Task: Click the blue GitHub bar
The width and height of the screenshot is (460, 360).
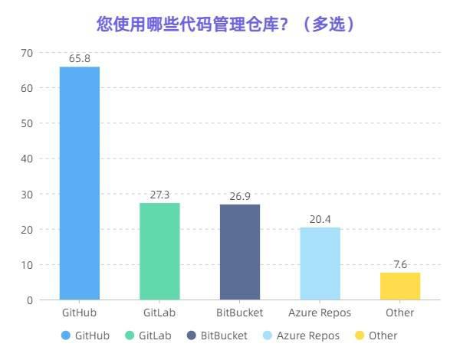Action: click(80, 183)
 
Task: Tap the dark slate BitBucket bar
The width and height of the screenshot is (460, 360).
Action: click(240, 252)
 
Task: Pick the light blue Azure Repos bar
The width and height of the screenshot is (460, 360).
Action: click(320, 263)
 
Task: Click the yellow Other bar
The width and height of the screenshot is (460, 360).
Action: click(400, 286)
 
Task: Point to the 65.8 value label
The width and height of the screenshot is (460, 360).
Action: click(80, 58)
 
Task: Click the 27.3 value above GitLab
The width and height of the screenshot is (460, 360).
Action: click(159, 195)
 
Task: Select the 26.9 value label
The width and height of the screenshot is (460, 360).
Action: click(240, 196)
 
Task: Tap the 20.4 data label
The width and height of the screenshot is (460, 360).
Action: click(320, 219)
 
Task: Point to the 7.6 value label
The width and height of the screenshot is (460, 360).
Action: click(400, 264)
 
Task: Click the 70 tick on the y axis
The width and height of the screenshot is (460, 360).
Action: click(27, 53)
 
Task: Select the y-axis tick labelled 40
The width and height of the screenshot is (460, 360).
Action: click(27, 159)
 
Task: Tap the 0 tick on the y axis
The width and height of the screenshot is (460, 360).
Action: click(30, 300)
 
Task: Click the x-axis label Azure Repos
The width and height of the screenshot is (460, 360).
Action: click(320, 313)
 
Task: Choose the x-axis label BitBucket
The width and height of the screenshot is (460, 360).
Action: click(240, 313)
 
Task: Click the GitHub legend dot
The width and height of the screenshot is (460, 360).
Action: click(65, 335)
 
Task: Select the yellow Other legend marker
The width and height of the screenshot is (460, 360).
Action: click(359, 335)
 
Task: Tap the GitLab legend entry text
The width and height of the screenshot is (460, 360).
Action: click(156, 335)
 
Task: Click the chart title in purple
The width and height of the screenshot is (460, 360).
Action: click(226, 24)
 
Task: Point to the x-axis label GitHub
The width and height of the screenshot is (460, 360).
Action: click(80, 313)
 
